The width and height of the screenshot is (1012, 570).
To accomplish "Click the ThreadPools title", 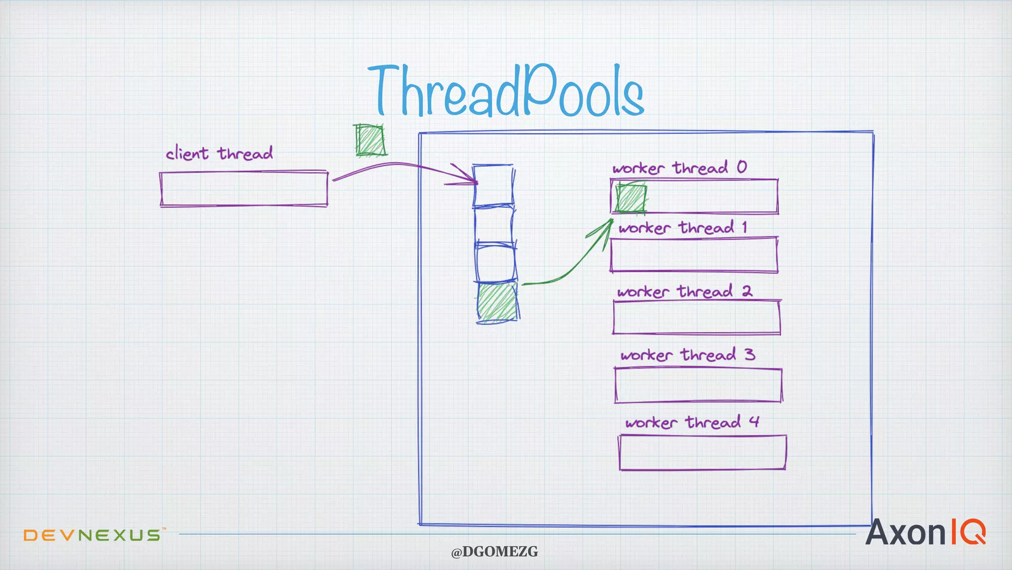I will coord(506,92).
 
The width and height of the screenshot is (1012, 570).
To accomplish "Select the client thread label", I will coord(219,153).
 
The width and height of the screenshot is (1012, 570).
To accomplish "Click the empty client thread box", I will coord(244,189).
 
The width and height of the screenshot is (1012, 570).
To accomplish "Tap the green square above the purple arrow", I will coord(370,140).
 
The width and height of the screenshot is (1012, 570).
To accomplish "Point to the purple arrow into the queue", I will coord(395,165).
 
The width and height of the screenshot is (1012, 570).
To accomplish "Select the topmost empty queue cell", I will coord(493,185).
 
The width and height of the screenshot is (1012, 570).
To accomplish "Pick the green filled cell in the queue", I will coord(498,301).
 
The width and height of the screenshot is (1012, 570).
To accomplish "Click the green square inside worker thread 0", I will coord(631,198).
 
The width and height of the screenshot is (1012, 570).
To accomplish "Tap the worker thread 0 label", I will coord(679,168).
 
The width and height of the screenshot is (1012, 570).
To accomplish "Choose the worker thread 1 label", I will coord(682,228).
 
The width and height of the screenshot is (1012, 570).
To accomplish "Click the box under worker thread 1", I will coord(694,254).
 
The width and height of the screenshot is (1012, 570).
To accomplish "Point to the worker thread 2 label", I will coord(684,291).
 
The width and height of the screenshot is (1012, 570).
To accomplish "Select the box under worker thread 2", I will coord(696,317).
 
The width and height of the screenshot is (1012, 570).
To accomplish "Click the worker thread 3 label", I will coord(688,355).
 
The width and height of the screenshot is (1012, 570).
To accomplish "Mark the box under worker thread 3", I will coord(698,385).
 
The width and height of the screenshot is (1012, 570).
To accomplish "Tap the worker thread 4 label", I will coord(692,422).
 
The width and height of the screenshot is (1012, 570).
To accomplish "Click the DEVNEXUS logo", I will coord(92,535).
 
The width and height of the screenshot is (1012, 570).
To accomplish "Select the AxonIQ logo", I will coord(925,532).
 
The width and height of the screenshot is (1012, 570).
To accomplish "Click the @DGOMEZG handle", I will coord(494,552).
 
